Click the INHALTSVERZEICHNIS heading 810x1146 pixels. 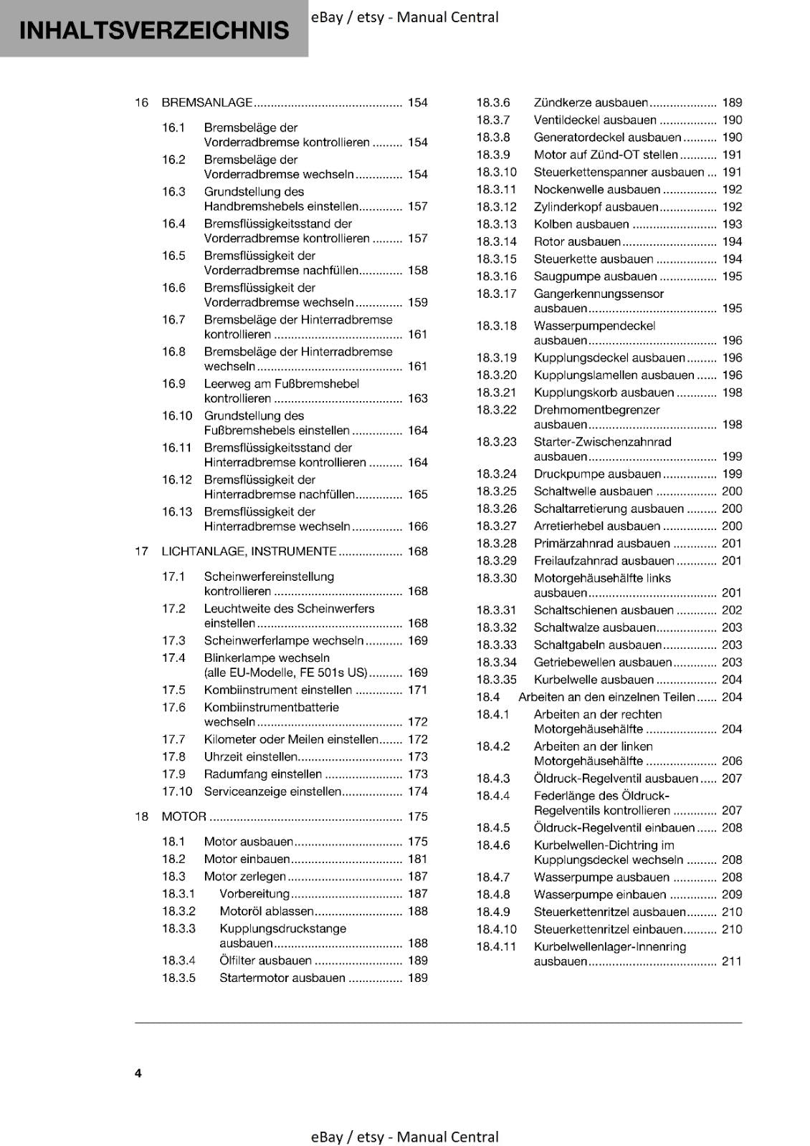pos(154,30)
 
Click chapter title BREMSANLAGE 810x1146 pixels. pos(207,102)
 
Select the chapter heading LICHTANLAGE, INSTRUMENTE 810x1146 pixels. pos(249,552)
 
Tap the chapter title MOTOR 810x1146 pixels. pos(184,817)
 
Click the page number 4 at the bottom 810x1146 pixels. pos(138,1073)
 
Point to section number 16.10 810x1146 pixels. pos(177,416)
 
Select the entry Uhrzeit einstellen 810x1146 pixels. pos(250,757)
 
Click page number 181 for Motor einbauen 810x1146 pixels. pos(417,859)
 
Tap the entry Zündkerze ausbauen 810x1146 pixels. pos(591,102)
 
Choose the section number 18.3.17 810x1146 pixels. pos(496,294)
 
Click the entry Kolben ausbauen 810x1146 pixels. pos(581,224)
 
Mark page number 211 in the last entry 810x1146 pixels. pos(731,961)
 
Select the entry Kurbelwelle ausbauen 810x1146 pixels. pos(594,680)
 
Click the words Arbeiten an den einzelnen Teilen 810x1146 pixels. pos(606,697)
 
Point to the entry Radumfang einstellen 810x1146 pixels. pos(262,774)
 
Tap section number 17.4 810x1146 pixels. pos(173,658)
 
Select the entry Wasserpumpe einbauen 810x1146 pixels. pos(600,895)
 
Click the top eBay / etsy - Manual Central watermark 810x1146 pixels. pos(405,17)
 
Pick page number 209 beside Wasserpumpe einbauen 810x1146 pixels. pos(731,895)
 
